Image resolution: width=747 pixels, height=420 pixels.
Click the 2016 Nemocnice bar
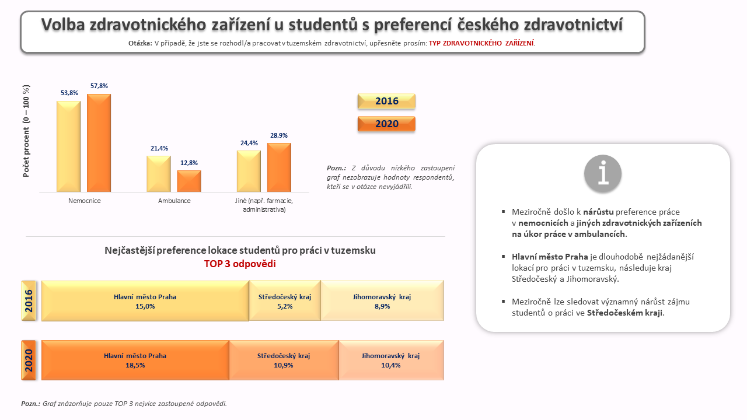(68, 146)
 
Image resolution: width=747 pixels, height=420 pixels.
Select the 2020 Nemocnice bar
(99, 143)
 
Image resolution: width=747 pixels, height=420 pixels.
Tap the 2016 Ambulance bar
(159, 174)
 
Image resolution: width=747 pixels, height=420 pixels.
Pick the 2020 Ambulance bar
(189, 181)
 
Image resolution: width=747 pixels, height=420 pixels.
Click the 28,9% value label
(279, 135)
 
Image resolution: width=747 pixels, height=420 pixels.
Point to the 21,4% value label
(159, 148)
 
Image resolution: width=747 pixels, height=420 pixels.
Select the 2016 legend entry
(386, 101)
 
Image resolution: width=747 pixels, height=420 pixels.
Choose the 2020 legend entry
(386, 124)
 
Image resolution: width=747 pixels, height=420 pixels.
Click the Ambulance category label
(174, 201)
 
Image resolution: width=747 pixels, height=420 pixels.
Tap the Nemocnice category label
(85, 201)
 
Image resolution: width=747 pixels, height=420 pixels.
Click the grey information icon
(603, 173)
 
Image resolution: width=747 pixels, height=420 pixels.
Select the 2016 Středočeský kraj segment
(285, 300)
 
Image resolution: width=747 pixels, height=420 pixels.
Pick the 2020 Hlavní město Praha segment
(135, 360)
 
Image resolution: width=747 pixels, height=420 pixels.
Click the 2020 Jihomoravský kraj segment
(391, 360)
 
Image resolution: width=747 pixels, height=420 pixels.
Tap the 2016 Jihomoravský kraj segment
(382, 300)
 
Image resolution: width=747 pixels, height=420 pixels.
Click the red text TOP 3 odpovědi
(240, 264)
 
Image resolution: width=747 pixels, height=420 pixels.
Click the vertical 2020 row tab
(29, 360)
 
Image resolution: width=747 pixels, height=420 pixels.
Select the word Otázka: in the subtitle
(140, 43)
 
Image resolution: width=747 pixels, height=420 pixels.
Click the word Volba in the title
(63, 24)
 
